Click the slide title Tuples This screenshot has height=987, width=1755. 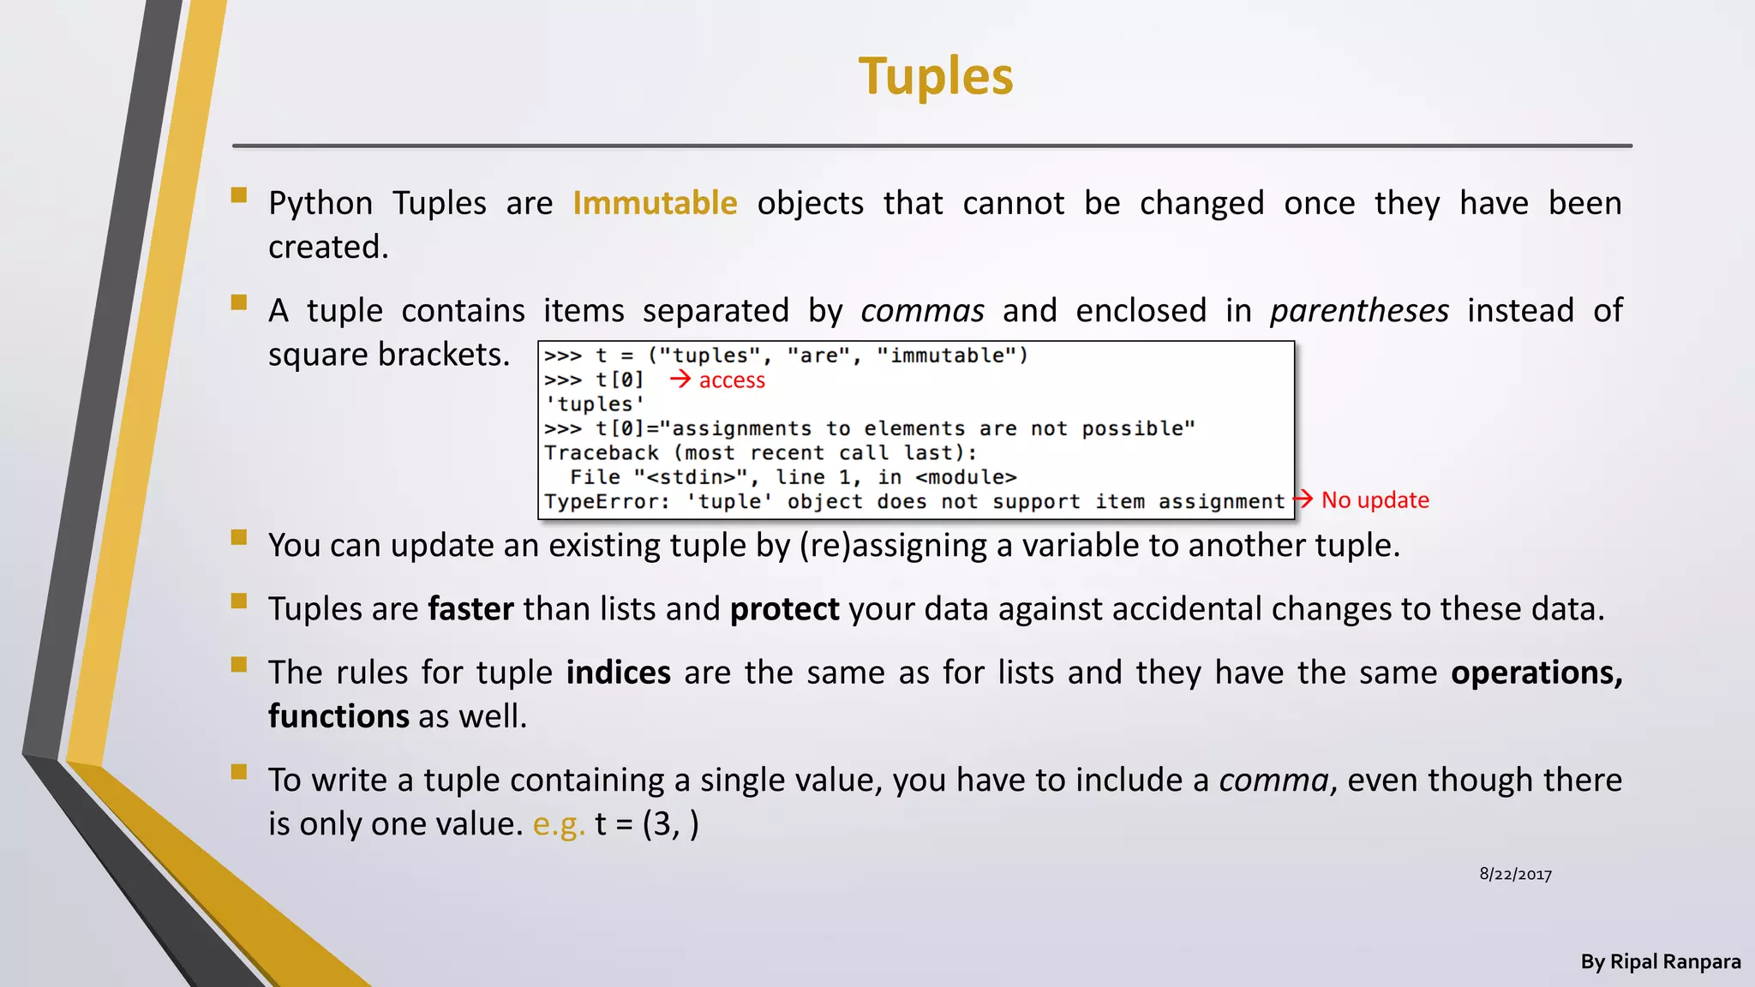(x=936, y=76)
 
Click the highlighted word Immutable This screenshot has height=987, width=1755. (x=655, y=203)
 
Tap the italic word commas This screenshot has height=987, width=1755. (x=922, y=310)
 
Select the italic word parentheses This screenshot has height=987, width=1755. (x=1359, y=310)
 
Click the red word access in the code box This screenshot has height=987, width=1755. (x=732, y=380)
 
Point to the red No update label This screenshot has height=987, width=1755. (x=1375, y=499)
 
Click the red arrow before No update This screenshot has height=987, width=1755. (x=1303, y=499)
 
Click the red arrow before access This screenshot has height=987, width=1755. (x=680, y=379)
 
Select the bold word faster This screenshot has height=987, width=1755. (x=470, y=609)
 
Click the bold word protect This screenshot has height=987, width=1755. (x=784, y=609)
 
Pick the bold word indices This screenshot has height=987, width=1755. (x=618, y=673)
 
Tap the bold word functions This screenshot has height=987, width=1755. (x=338, y=716)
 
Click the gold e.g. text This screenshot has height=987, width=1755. (x=559, y=824)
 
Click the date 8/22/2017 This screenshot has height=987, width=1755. (x=1515, y=874)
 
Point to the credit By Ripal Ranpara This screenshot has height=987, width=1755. (x=1660, y=961)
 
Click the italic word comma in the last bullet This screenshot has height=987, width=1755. (x=1273, y=781)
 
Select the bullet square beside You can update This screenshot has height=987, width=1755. (x=239, y=538)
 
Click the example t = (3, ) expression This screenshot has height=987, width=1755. (x=647, y=824)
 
